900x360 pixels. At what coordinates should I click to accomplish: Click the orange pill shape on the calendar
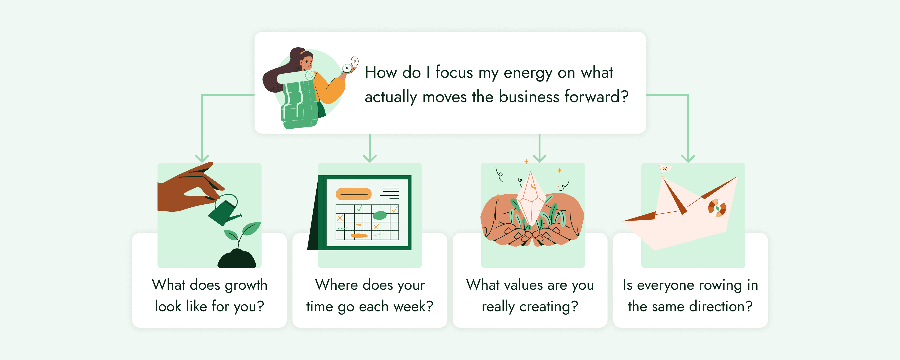pyautogui.click(x=354, y=194)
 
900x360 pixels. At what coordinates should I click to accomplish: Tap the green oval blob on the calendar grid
pyautogui.click(x=379, y=215)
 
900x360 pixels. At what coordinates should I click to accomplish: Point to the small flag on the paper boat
pyautogui.click(x=665, y=169)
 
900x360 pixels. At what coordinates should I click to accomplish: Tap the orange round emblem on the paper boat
pyautogui.click(x=717, y=208)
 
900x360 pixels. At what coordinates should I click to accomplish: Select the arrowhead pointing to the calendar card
pyautogui.click(x=370, y=158)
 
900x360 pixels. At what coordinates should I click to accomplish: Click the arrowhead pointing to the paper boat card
pyautogui.click(x=688, y=158)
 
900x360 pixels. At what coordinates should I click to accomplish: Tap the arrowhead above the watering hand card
pyautogui.click(x=202, y=158)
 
